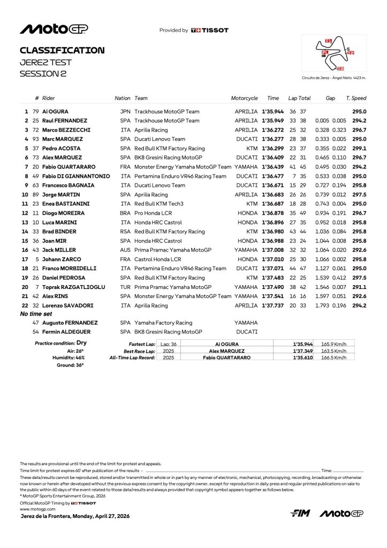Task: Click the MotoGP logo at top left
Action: tap(54, 29)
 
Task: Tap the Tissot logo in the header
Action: tap(210, 31)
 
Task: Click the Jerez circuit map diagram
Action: tap(334, 54)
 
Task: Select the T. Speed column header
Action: tap(356, 98)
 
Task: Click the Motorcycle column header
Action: tap(244, 98)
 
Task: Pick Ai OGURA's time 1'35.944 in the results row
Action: tap(272, 111)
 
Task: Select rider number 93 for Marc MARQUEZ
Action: tap(36, 139)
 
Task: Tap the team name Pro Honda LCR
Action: tap(155, 213)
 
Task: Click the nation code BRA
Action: tap(126, 213)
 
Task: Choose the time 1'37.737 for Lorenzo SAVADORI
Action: tap(272, 306)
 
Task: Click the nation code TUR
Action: tap(126, 287)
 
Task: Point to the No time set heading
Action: tap(36, 314)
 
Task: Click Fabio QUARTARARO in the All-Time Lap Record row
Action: tap(226, 357)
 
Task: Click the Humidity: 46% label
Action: tap(70, 357)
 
